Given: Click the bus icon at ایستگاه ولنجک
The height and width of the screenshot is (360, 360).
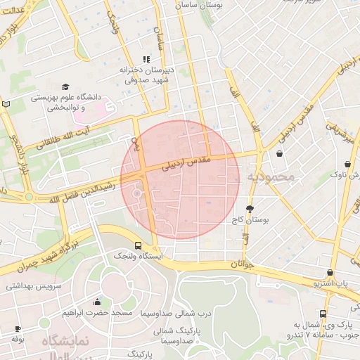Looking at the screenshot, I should click(138, 246).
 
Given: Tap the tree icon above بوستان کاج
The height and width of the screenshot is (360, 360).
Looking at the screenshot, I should click(250, 209).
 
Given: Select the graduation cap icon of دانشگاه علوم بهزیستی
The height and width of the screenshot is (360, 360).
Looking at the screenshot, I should click(65, 85).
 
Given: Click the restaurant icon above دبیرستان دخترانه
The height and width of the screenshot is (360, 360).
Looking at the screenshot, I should click(146, 60).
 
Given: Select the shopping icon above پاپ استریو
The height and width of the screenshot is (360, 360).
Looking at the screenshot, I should click(330, 272).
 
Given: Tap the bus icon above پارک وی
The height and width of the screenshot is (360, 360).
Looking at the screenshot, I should click(323, 314).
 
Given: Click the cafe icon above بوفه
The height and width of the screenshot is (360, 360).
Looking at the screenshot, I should click(18, 328).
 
